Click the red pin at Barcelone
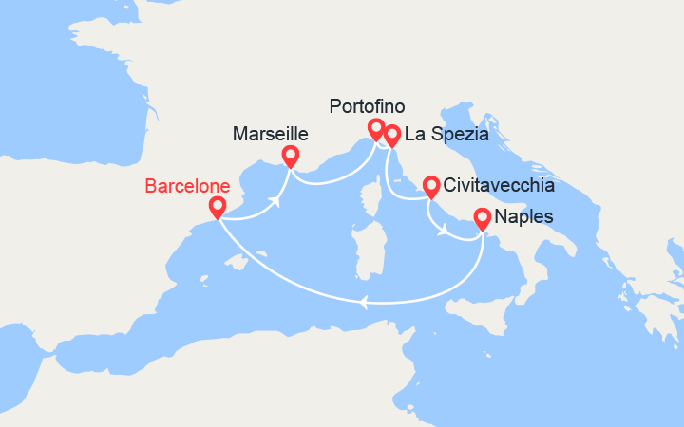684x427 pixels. [218, 207]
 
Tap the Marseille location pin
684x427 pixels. [291, 155]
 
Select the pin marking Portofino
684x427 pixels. [376, 128]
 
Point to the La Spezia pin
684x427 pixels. [391, 136]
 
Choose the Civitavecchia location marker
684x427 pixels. [430, 185]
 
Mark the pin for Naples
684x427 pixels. [483, 218]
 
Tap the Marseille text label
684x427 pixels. [271, 136]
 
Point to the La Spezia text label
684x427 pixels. [446, 136]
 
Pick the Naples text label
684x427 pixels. [523, 218]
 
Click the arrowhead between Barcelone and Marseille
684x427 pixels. [277, 201]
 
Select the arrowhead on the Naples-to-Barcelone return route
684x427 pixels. [362, 304]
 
